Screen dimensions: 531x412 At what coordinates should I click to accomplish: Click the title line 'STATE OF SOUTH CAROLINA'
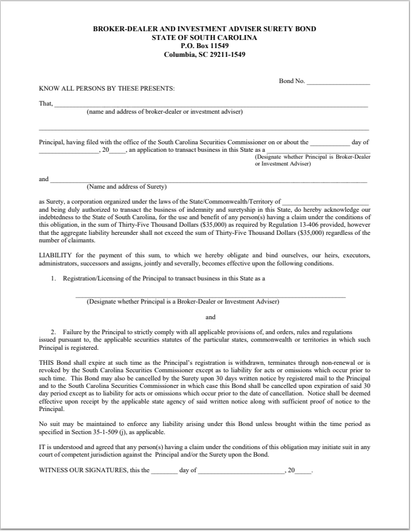(x=204, y=37)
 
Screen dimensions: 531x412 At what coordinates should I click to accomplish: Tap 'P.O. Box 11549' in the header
(x=204, y=46)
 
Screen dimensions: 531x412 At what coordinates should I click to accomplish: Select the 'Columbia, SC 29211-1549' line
(x=204, y=54)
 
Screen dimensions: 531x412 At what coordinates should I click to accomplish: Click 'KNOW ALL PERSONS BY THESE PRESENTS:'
(x=107, y=88)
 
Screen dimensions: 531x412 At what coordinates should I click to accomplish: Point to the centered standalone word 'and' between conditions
(x=210, y=316)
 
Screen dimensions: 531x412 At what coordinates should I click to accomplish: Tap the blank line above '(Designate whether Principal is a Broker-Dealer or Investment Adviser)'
(x=210, y=296)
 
